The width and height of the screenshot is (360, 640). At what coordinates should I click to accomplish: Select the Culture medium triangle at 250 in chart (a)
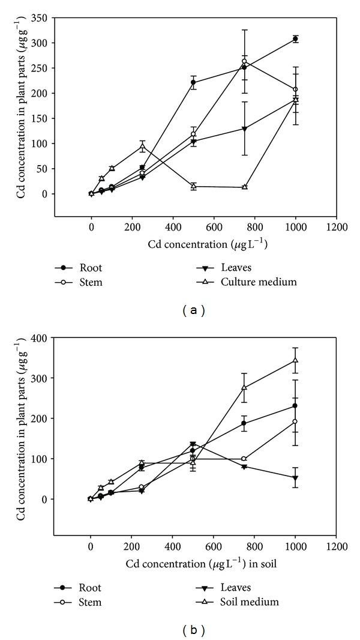[142, 146]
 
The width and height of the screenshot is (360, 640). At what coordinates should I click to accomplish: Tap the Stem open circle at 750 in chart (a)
[245, 61]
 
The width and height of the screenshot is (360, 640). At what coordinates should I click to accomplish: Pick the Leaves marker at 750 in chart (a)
[245, 129]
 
